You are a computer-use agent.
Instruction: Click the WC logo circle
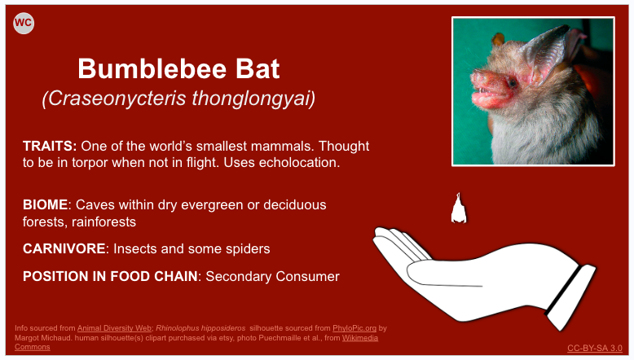[x=24, y=23]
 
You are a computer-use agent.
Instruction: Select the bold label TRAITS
[x=50, y=146]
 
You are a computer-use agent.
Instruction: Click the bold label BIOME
[x=45, y=204]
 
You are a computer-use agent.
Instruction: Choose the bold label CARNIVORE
[x=64, y=248]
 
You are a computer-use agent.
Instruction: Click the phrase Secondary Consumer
[x=272, y=276]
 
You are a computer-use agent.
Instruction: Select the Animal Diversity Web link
[x=114, y=328]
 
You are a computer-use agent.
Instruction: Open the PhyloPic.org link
[x=354, y=328]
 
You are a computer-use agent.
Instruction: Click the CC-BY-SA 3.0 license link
[x=594, y=348]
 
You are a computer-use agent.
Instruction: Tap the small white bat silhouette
[x=459, y=209]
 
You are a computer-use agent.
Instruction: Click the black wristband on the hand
[x=563, y=290]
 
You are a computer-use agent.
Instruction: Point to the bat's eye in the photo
[x=512, y=84]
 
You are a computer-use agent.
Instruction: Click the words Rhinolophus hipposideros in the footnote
[x=200, y=328]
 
